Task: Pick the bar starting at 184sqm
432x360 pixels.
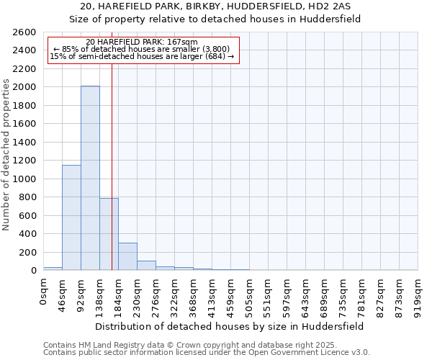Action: [x=127, y=256]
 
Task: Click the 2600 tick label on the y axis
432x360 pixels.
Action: [x=24, y=32]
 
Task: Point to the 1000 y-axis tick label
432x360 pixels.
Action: [x=24, y=179]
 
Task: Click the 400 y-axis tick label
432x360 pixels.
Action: [x=27, y=234]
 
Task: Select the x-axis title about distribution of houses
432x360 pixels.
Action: [x=230, y=326]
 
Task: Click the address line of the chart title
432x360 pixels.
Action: [x=216, y=6]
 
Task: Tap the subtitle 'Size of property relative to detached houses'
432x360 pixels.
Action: [x=216, y=20]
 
